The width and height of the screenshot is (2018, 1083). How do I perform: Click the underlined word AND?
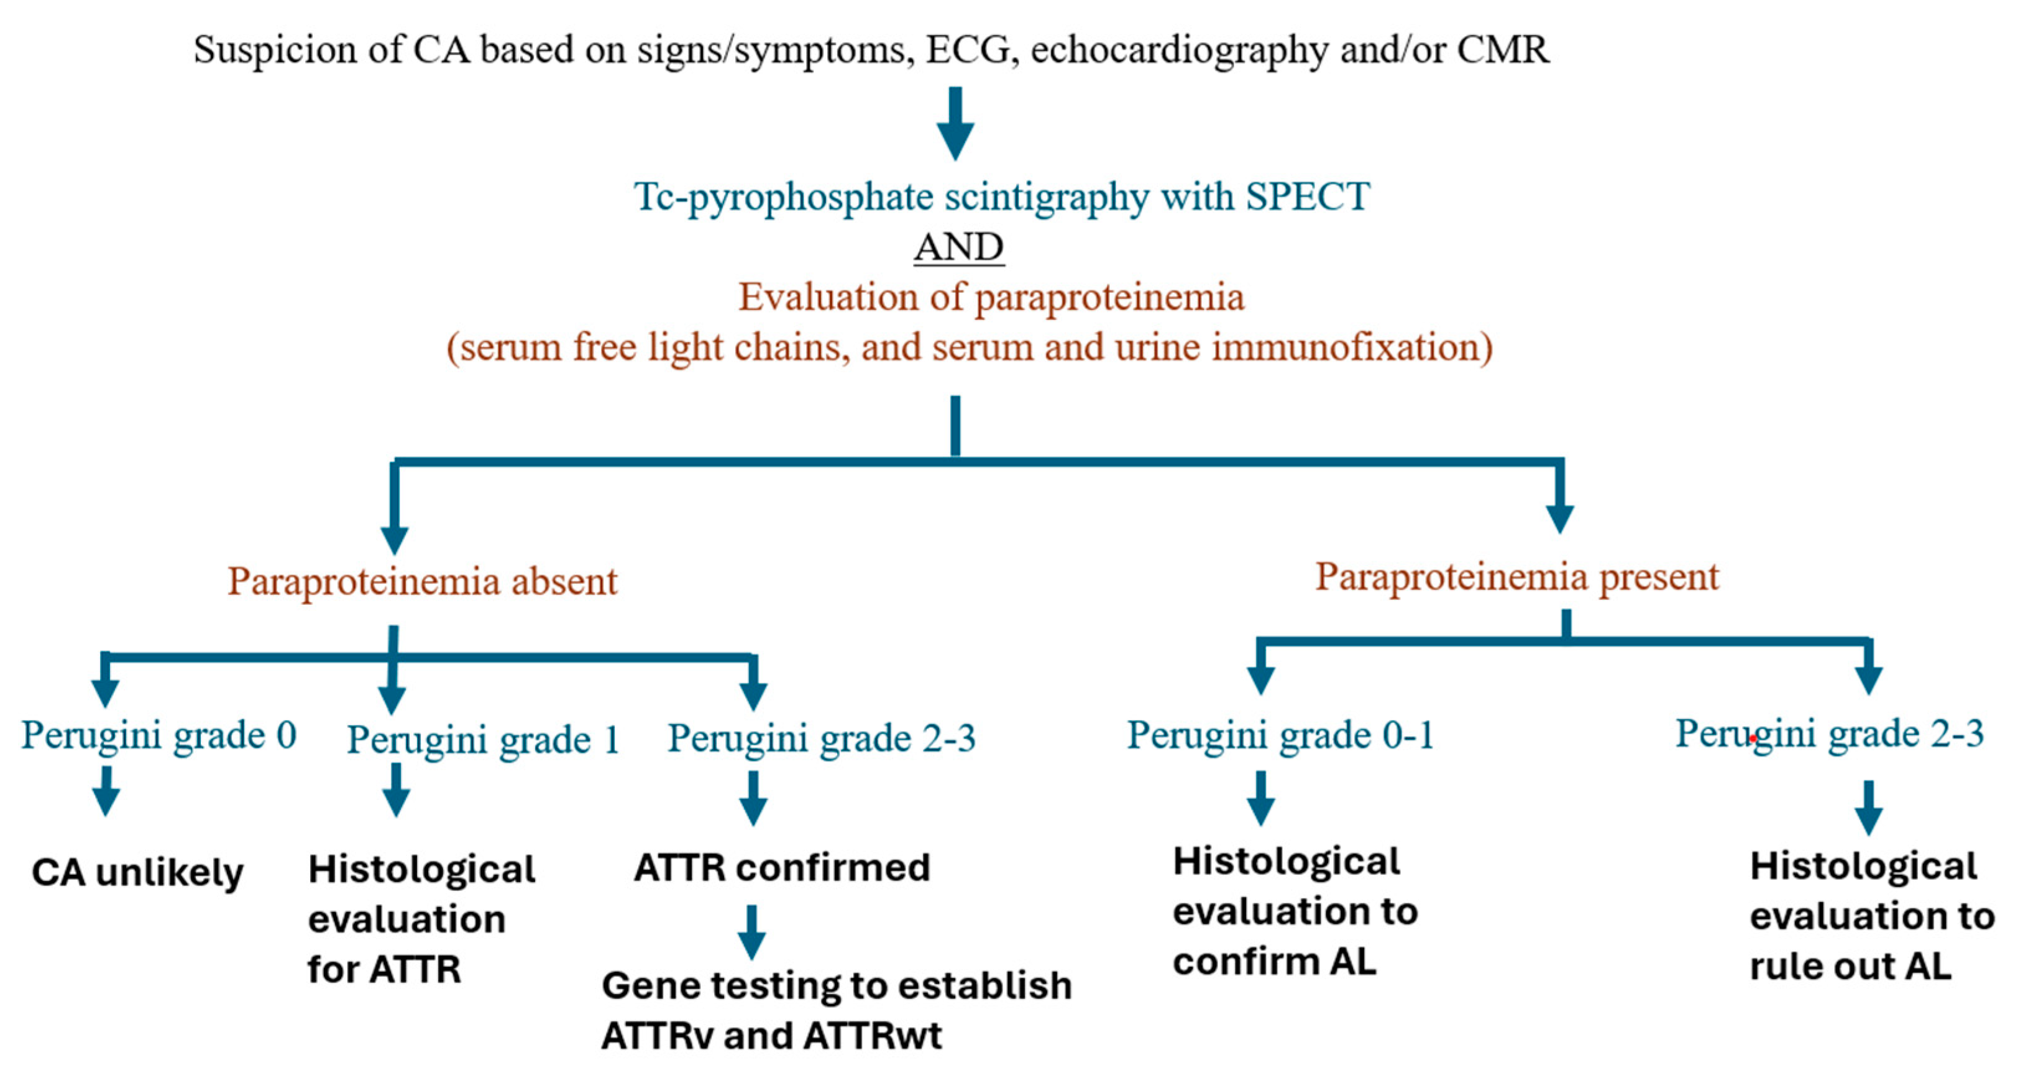(958, 247)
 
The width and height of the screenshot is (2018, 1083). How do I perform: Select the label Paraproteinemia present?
(1516, 577)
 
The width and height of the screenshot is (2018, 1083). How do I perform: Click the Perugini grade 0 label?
(158, 735)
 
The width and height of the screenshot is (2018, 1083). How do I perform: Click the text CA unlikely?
(137, 872)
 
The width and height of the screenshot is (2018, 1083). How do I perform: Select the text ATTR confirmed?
(782, 867)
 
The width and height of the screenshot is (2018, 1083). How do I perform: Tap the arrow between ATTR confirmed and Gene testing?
(751, 933)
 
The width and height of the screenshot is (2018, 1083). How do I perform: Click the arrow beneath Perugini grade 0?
(106, 791)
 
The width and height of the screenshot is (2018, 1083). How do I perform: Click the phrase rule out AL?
(1850, 966)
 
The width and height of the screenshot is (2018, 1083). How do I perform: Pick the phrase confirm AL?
(1274, 962)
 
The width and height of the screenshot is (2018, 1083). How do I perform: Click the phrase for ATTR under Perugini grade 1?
(384, 969)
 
